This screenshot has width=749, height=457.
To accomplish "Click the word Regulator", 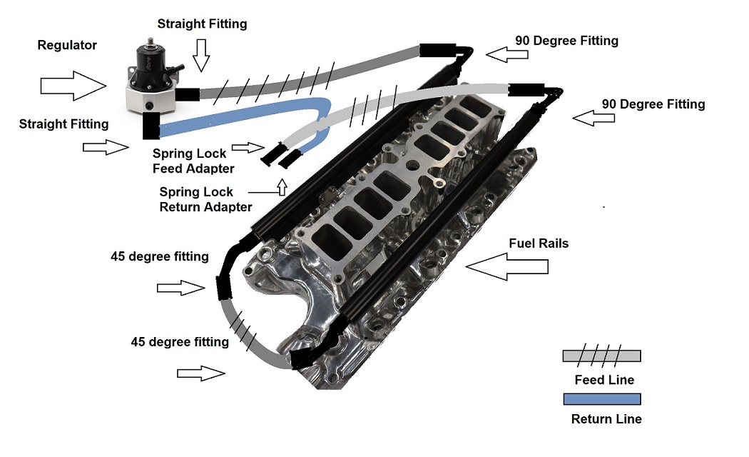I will pyautogui.click(x=67, y=45).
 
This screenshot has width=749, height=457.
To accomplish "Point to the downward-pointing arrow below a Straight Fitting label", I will pyautogui.click(x=200, y=56).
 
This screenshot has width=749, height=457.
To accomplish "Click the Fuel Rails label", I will pyautogui.click(x=539, y=243).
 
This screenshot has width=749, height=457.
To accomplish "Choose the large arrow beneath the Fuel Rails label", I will pyautogui.click(x=507, y=266).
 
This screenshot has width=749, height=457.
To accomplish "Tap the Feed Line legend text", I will pyautogui.click(x=603, y=380).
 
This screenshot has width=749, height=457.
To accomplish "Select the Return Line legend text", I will pyautogui.click(x=606, y=419).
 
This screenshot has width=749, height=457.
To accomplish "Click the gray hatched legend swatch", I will pyautogui.click(x=601, y=356).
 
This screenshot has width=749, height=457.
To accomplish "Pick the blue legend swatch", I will pyautogui.click(x=601, y=399).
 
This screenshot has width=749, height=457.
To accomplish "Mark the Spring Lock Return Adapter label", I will pyautogui.click(x=205, y=199).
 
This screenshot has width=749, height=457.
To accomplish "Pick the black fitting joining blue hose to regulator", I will pyautogui.click(x=151, y=126).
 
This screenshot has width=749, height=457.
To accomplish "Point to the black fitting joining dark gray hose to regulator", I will pyautogui.click(x=187, y=94).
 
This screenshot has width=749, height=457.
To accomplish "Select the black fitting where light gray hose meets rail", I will pyautogui.click(x=526, y=90).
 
